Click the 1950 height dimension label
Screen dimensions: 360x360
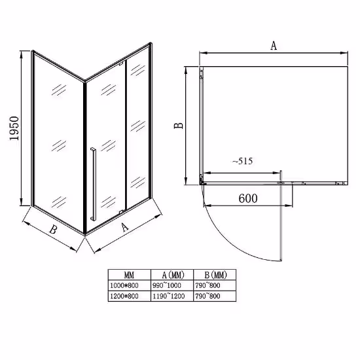click(14, 128)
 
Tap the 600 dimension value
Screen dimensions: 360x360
click(248, 198)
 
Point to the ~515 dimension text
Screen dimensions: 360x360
click(242, 161)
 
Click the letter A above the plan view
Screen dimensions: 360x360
click(274, 45)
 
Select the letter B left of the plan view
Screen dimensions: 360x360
click(179, 126)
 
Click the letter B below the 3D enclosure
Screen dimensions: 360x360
click(53, 229)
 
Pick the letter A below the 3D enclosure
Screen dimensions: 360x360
click(125, 227)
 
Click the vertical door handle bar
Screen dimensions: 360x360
click(93, 184)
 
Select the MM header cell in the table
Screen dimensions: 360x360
click(129, 275)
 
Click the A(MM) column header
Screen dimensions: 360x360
click(173, 275)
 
